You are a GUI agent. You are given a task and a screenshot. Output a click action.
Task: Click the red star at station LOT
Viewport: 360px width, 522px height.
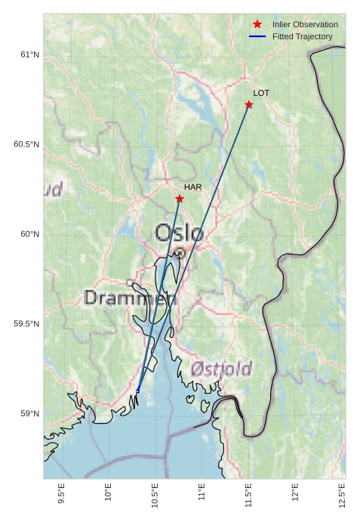coord(248,104)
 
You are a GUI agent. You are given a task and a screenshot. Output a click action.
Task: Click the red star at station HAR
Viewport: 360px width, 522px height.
coord(180,199)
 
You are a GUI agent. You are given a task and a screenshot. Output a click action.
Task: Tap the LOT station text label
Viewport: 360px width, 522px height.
coord(261,93)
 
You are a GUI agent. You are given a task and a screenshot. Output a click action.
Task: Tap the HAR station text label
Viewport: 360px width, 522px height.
coord(192,187)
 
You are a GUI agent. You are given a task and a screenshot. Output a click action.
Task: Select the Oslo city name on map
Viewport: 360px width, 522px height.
coord(179,233)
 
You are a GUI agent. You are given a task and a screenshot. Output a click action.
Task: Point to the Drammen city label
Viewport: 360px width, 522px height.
coord(130,298)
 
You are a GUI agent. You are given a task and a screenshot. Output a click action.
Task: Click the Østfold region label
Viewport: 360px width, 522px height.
coord(221,369)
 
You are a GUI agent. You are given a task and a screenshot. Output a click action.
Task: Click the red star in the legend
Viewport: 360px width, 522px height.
coord(257,24)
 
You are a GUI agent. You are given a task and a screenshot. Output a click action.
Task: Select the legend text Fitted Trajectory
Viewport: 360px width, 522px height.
coord(303,36)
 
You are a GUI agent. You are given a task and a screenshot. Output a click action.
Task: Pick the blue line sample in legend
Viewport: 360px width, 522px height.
coord(257,36)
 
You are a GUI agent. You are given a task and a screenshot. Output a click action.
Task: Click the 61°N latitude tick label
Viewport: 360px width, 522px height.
coord(29,54)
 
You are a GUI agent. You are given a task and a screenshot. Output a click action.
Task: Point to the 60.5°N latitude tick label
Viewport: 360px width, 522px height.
coord(26,144)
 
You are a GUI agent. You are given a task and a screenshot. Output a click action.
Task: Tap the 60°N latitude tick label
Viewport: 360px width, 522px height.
coord(29,234)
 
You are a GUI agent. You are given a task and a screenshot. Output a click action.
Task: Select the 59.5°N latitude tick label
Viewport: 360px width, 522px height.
coord(26,324)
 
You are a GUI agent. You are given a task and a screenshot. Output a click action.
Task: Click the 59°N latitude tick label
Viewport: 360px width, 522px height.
coord(29,413)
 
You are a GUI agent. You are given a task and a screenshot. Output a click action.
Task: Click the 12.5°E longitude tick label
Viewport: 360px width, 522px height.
coord(342,496)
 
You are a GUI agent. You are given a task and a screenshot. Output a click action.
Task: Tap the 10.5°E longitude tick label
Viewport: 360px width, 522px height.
coord(155,496)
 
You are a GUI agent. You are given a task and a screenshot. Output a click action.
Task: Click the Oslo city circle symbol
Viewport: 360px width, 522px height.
coord(180,253)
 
